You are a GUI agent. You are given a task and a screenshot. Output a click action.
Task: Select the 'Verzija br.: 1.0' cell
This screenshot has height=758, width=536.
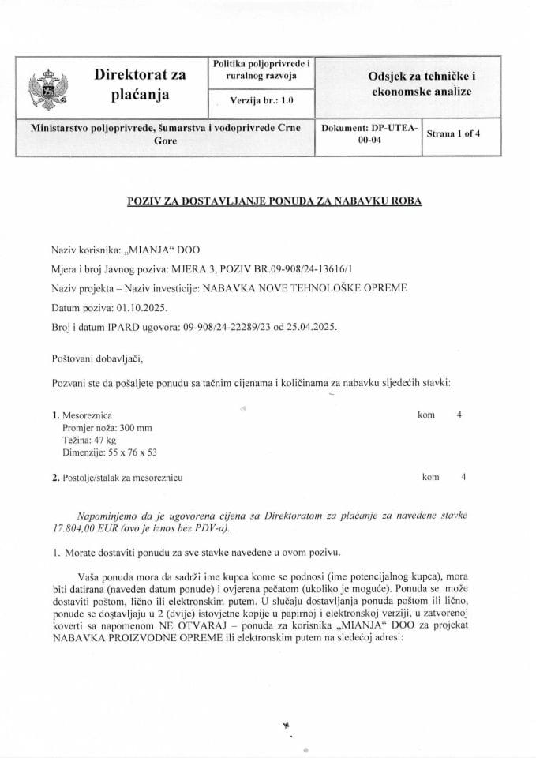(x=261, y=101)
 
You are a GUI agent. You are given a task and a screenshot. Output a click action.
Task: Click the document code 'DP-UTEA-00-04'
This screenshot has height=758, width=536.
(x=369, y=134)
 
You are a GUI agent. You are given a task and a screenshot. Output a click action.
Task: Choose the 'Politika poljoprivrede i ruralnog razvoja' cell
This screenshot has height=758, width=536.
(x=261, y=69)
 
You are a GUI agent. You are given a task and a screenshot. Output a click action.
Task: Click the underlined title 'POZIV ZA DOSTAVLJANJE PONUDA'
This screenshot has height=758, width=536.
(x=275, y=201)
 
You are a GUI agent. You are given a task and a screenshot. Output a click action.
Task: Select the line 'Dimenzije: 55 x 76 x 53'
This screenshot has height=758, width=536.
(x=110, y=452)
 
